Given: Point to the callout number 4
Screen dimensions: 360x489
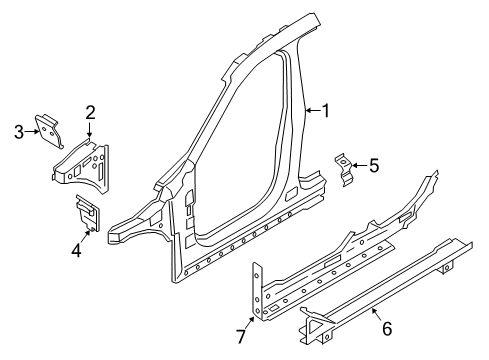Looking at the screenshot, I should point(76,249).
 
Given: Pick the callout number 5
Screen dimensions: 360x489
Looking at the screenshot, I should point(374,165).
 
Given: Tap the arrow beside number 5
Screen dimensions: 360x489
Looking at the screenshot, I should point(359,165).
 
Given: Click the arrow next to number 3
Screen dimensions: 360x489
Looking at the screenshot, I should point(30,131).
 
